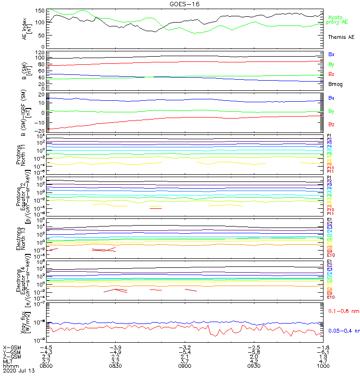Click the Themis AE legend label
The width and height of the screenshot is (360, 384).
point(341,37)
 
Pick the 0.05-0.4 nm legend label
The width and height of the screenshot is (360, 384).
point(342,331)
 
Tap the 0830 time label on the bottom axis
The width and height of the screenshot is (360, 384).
point(116,366)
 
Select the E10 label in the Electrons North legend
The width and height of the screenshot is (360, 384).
point(331,255)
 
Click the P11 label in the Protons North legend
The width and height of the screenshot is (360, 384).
point(330,171)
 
